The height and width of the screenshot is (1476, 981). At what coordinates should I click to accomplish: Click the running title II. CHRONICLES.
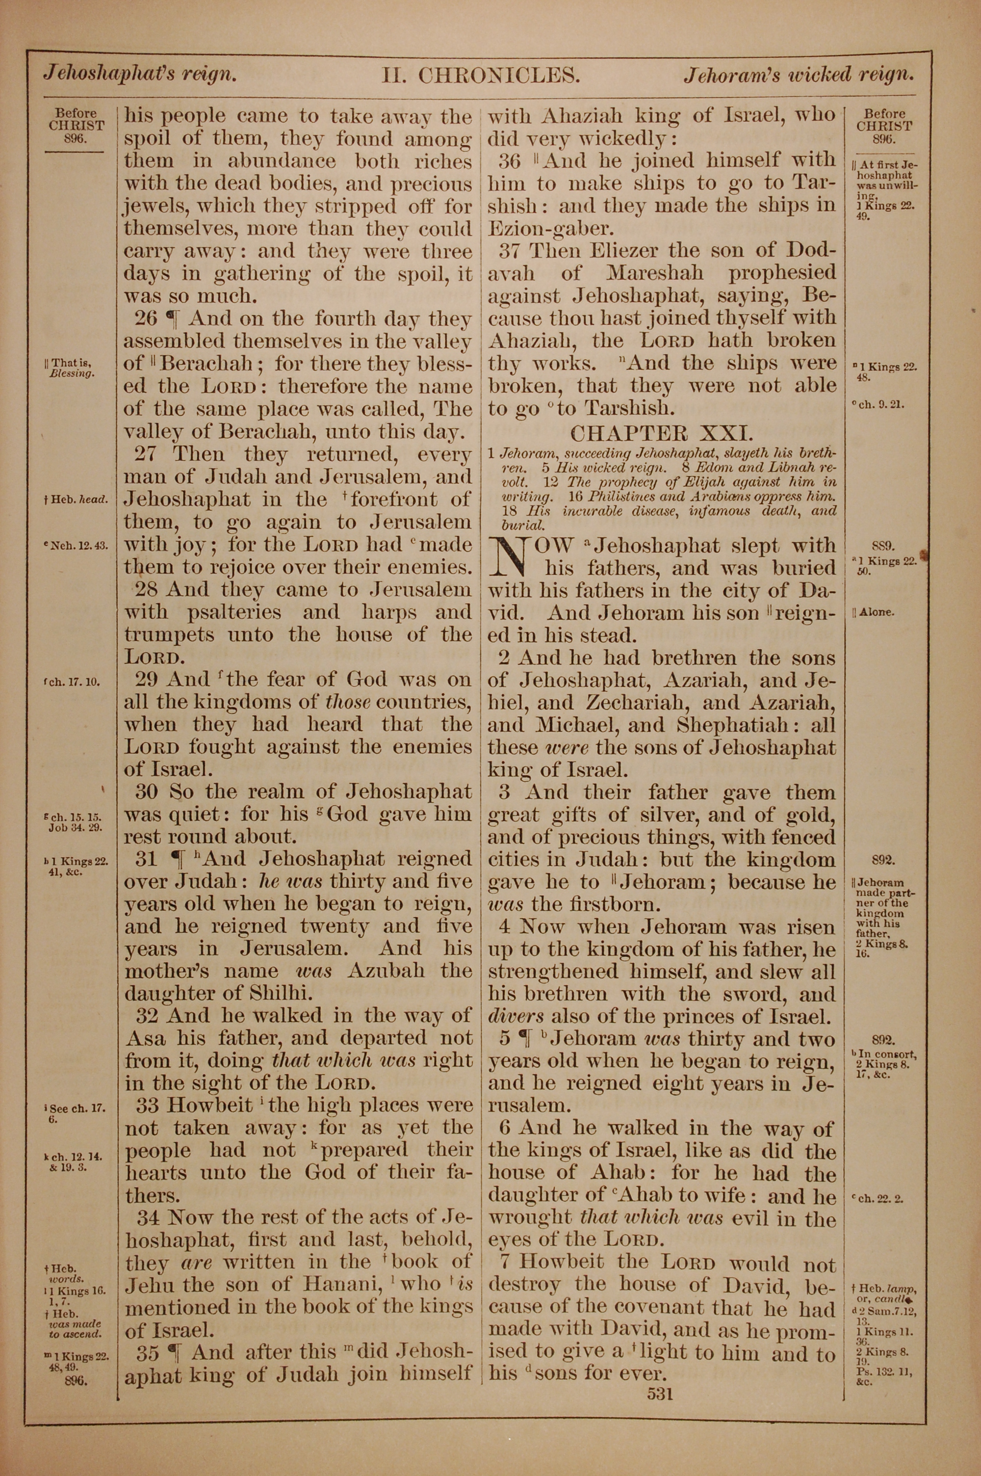point(481,76)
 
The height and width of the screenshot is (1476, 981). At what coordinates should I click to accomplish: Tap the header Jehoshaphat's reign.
point(139,75)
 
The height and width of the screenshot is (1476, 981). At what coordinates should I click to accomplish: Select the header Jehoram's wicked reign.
point(799,75)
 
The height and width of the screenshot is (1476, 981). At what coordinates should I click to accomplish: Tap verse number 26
point(146,319)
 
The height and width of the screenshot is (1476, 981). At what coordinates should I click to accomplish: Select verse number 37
point(510,251)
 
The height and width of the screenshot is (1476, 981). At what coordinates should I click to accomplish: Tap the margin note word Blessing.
point(73,373)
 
